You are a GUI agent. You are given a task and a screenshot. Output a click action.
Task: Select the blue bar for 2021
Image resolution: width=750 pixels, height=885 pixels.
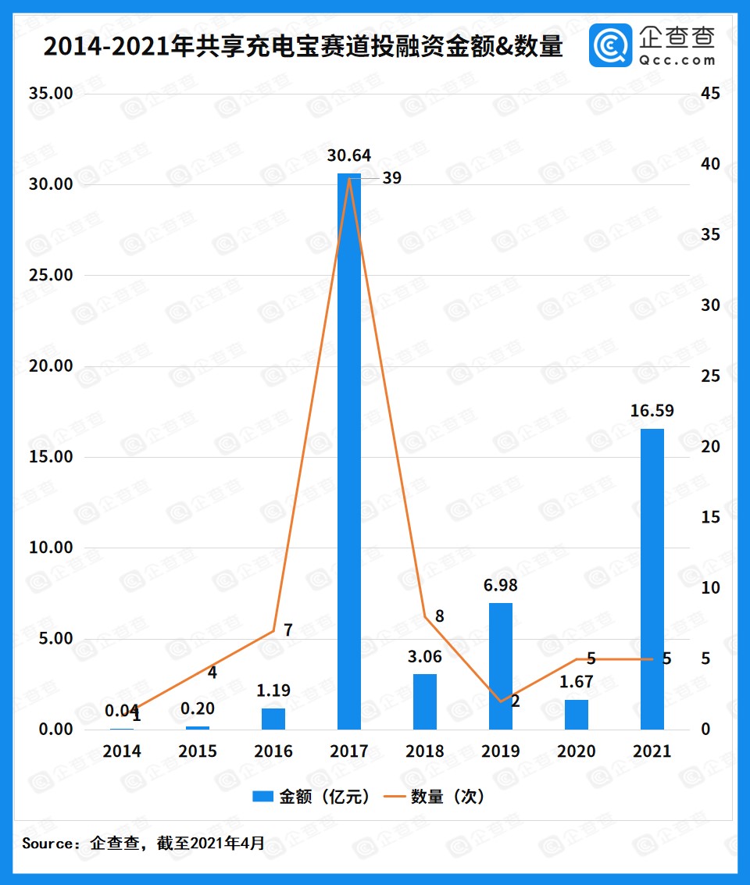(652, 579)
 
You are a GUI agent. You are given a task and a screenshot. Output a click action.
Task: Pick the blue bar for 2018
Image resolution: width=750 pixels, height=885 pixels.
(425, 701)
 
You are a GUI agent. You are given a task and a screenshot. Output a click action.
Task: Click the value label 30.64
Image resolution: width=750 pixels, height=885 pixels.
(349, 155)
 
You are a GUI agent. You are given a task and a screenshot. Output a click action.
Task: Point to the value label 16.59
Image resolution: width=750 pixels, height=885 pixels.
(652, 411)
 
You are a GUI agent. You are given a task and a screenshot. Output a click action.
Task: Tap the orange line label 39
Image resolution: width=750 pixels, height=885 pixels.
(391, 178)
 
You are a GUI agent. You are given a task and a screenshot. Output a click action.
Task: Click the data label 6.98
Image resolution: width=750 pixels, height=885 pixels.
(501, 585)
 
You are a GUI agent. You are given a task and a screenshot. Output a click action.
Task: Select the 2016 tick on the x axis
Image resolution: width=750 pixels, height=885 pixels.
(273, 751)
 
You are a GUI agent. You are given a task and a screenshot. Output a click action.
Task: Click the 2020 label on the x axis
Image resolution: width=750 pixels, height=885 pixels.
(577, 751)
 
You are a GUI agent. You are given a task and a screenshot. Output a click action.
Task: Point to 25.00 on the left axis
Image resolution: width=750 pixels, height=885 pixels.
(51, 275)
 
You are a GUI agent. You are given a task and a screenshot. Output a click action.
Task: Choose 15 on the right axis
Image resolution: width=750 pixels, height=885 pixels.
(709, 517)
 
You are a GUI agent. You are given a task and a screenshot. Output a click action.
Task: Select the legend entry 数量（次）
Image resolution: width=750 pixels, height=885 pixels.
(437, 796)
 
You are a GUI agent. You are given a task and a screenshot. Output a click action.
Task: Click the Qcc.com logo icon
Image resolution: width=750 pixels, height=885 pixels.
(611, 45)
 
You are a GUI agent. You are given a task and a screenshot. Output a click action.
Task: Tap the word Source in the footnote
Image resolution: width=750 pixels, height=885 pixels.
(49, 844)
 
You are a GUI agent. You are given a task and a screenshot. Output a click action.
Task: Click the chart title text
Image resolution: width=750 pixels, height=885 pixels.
(303, 46)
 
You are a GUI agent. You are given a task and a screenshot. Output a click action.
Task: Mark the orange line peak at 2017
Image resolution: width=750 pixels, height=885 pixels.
(349, 178)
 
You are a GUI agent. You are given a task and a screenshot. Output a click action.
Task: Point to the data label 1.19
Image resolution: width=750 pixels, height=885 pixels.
(273, 690)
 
